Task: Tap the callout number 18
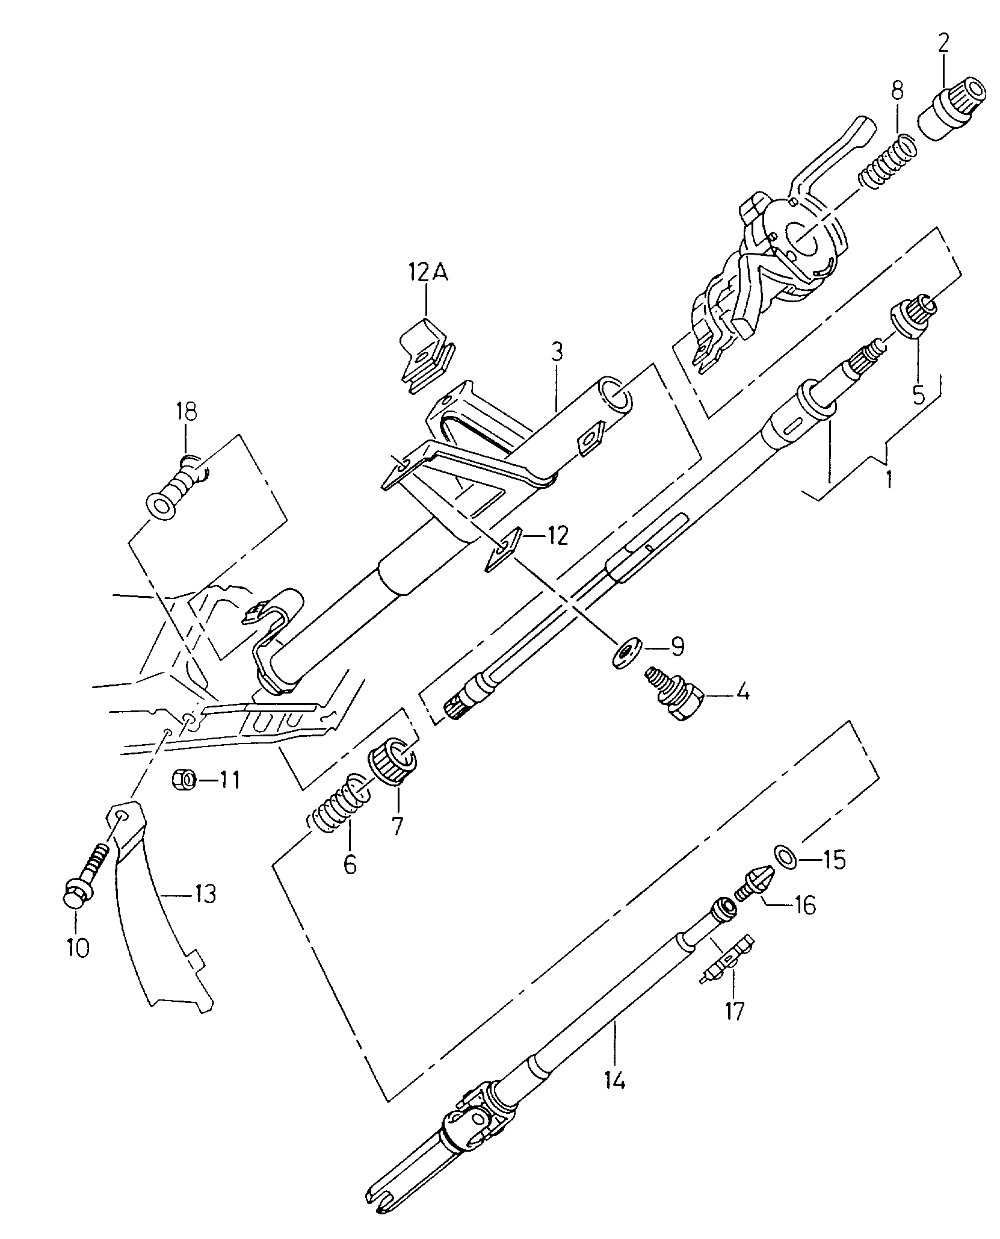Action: click(x=186, y=412)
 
